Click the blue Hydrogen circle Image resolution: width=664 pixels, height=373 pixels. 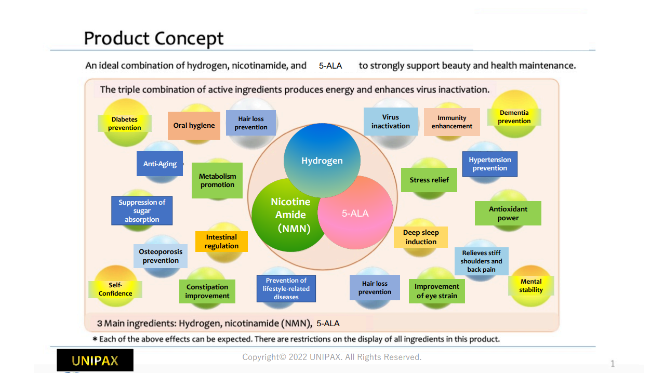(322, 161)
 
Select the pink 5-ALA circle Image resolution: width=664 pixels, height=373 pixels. (356, 213)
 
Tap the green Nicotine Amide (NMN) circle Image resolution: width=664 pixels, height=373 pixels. (289, 215)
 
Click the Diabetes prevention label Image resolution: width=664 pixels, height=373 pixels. (125, 123)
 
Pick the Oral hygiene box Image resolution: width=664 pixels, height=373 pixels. (194, 125)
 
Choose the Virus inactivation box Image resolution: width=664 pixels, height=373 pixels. (391, 122)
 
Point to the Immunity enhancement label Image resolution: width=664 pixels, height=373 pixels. (451, 122)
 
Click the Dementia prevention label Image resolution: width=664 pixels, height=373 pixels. (514, 117)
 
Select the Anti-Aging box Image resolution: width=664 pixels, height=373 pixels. (160, 164)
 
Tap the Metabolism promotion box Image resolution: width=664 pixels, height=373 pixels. (217, 180)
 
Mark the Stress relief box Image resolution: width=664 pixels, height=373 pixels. (429, 180)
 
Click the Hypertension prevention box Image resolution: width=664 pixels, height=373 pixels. (490, 164)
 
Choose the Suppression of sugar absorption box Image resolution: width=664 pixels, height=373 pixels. (142, 210)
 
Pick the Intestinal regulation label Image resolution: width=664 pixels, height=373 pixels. (221, 242)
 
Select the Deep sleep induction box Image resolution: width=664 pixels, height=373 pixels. (421, 237)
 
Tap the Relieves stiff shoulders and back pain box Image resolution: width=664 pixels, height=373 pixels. (482, 261)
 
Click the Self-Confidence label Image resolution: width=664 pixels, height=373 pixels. (115, 289)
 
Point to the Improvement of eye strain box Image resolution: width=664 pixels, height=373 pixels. (436, 291)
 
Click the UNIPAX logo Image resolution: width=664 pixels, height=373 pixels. (95, 360)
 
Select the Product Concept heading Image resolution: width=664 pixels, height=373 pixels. (154, 38)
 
